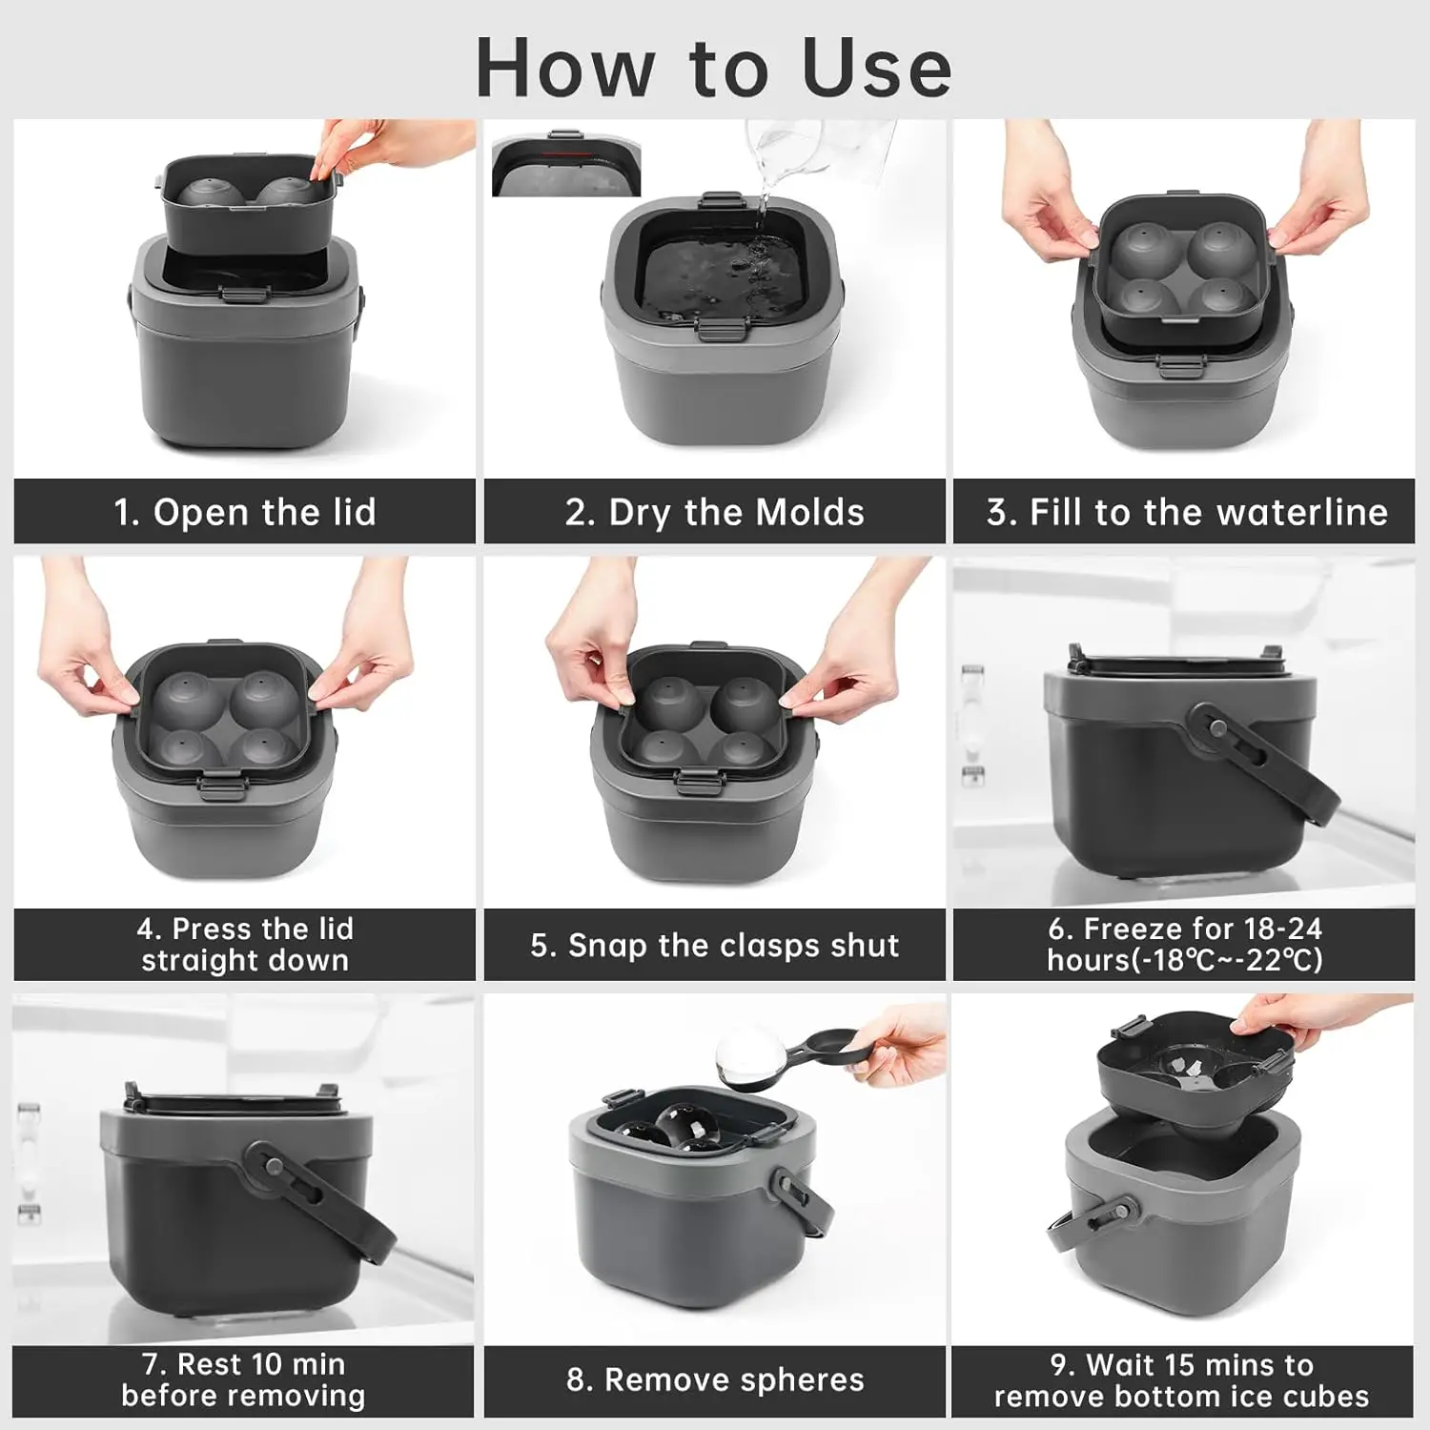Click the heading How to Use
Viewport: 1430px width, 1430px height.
click(x=714, y=68)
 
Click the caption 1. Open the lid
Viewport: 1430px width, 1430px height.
click(x=245, y=512)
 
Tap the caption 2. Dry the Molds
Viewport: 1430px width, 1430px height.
click(x=715, y=512)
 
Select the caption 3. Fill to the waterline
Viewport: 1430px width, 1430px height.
click(x=1187, y=512)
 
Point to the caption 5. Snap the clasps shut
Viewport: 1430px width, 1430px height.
click(x=715, y=945)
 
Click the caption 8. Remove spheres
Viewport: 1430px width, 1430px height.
click(x=715, y=1379)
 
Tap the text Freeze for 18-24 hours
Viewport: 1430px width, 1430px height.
click(x=1185, y=944)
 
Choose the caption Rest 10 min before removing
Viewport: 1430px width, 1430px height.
click(x=243, y=1379)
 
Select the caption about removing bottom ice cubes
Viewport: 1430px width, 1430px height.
click(x=1182, y=1380)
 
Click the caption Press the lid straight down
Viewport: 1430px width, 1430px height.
click(x=245, y=944)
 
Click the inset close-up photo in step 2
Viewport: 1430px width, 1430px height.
click(x=566, y=163)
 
